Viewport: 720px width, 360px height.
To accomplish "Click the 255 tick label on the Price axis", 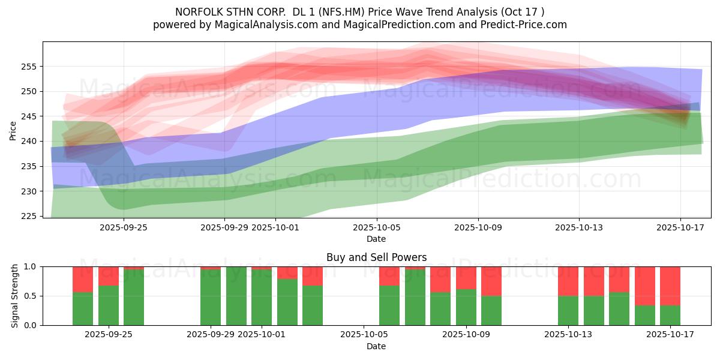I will point(31,67).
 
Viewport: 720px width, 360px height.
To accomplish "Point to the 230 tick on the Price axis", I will point(31,191).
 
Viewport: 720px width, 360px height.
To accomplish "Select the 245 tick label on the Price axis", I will point(31,116).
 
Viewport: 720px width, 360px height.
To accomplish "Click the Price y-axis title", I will point(13,130).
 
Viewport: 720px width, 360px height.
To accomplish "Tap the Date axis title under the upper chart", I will point(376,239).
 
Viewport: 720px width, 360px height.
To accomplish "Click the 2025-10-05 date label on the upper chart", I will point(376,228).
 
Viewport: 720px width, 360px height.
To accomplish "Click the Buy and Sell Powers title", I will point(376,257).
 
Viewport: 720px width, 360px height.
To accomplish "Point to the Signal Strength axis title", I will point(15,296).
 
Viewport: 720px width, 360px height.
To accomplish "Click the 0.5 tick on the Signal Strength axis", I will point(31,296).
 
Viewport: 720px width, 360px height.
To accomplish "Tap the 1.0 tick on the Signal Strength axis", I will point(31,266).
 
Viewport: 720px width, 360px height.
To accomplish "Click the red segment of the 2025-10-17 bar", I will point(670,286).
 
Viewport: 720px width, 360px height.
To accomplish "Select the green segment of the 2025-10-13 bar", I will point(568,311).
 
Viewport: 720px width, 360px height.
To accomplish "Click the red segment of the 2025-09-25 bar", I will point(109,275).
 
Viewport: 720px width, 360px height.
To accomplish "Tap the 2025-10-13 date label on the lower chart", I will point(568,335).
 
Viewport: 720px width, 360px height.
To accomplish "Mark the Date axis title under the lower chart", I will point(376,346).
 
